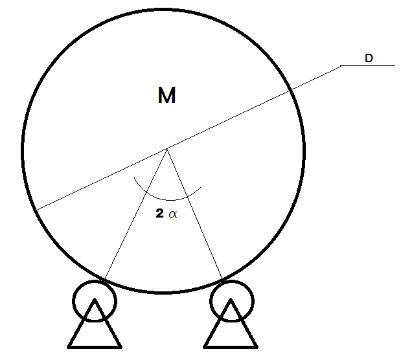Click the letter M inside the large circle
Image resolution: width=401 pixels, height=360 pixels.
pyautogui.click(x=166, y=96)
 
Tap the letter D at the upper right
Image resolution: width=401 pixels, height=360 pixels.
pyautogui.click(x=369, y=58)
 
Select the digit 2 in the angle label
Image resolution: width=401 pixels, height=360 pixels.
pyautogui.click(x=159, y=214)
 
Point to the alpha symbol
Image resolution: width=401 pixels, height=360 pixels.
pyautogui.click(x=172, y=214)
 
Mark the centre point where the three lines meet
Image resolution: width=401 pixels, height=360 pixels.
pyautogui.click(x=167, y=149)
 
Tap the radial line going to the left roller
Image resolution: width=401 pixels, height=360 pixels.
pyautogui.click(x=136, y=214)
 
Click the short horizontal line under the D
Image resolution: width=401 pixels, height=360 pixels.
pyautogui.click(x=368, y=66)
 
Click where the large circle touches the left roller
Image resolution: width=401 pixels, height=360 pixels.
pyautogui.click(x=104, y=280)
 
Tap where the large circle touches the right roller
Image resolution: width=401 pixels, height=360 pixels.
pyautogui.click(x=222, y=280)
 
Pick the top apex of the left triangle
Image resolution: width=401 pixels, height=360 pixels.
pyautogui.click(x=94, y=300)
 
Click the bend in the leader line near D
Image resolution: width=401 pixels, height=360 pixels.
pyautogui.click(x=341, y=66)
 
